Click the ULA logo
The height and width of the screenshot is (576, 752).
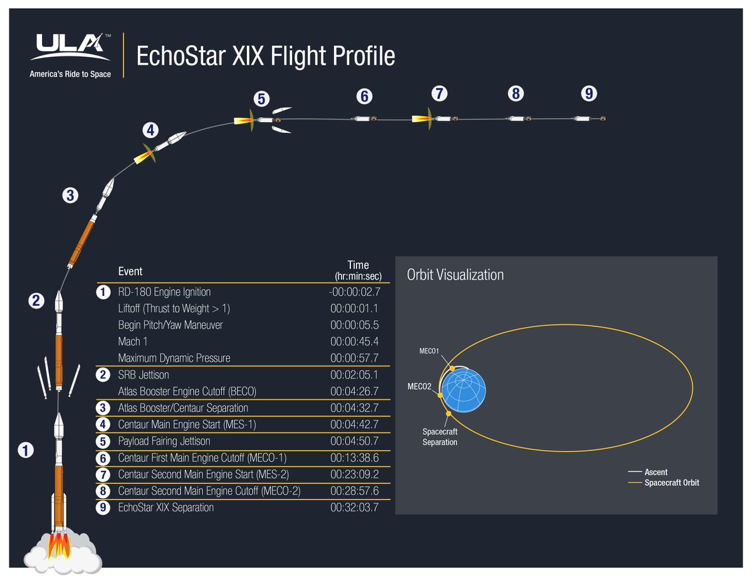pyautogui.click(x=70, y=48)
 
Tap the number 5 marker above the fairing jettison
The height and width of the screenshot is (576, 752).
pyautogui.click(x=262, y=99)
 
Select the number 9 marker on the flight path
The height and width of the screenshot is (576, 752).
pyautogui.click(x=588, y=93)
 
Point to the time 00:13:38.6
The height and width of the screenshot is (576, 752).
pyautogui.click(x=353, y=458)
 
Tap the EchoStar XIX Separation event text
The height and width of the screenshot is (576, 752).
pyautogui.click(x=165, y=507)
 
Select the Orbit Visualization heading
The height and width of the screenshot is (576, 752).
pyautogui.click(x=455, y=275)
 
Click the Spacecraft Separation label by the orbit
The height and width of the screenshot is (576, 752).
pyautogui.click(x=439, y=437)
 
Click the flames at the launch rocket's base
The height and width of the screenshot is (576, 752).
pyautogui.click(x=60, y=544)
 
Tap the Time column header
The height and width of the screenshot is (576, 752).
pyautogui.click(x=358, y=270)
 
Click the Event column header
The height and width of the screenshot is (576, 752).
pyautogui.click(x=130, y=271)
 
